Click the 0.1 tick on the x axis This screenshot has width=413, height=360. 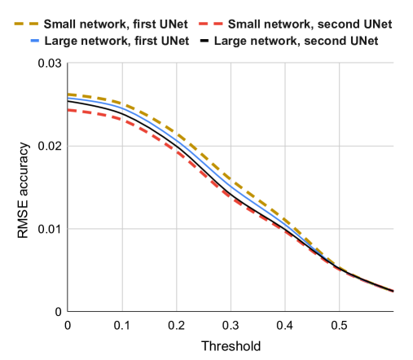point(121,325)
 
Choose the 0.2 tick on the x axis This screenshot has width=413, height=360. point(176,325)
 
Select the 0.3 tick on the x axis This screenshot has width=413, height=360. point(231,325)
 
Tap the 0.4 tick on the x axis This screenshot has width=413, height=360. point(285,325)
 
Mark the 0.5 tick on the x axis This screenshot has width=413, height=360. point(339,325)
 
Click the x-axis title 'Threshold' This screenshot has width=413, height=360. point(231,345)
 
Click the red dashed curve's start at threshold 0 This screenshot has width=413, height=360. point(68,110)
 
